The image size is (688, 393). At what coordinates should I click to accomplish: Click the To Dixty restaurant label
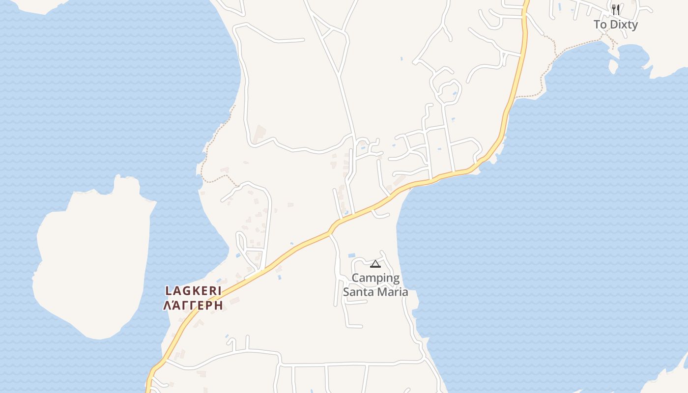tap(615, 25)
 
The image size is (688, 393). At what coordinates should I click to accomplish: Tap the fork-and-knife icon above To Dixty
tap(615, 9)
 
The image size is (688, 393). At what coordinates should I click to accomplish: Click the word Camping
tap(375, 278)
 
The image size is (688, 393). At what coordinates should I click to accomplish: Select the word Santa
tap(358, 292)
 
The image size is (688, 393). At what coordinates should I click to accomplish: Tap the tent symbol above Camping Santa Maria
tap(375, 264)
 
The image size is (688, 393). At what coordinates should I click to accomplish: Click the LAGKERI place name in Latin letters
tap(193, 291)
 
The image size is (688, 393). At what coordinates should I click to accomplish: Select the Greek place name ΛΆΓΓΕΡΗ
tap(193, 306)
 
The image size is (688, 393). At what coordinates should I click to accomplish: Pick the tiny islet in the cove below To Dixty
tap(613, 66)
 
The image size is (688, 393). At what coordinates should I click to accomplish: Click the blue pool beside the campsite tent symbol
tap(351, 255)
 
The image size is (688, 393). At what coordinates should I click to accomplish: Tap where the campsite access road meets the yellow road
tap(331, 233)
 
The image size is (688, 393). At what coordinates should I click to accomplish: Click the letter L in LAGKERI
tap(168, 291)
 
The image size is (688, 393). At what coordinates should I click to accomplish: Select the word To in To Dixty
tap(600, 25)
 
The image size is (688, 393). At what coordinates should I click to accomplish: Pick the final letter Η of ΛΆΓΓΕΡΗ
tap(219, 306)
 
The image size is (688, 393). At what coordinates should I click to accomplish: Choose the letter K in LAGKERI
tap(193, 291)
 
